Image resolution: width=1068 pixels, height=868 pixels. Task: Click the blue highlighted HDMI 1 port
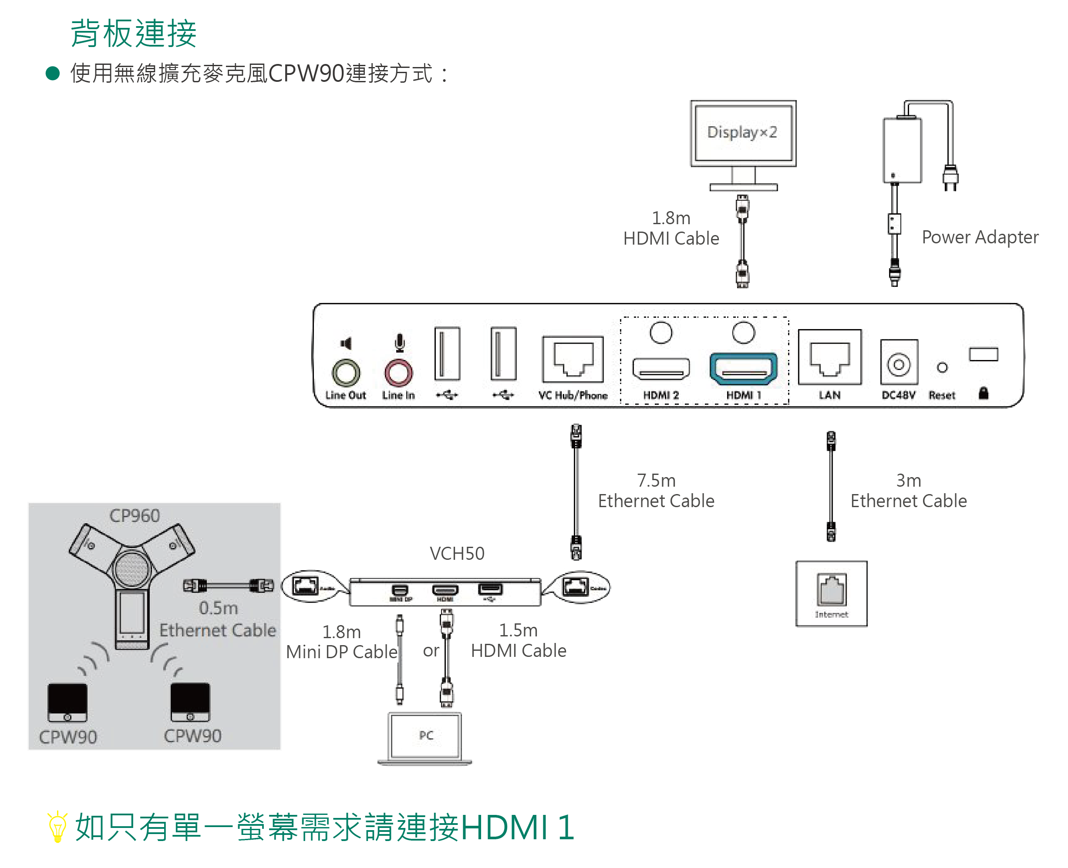click(x=743, y=369)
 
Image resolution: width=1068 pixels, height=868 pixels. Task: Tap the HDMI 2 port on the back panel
click(x=660, y=369)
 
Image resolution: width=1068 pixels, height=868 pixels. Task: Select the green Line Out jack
click(x=346, y=373)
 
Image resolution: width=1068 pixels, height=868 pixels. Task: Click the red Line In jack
click(x=398, y=373)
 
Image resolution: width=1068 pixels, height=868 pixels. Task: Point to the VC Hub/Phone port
click(x=573, y=359)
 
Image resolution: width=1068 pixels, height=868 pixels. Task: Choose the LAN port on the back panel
click(x=829, y=357)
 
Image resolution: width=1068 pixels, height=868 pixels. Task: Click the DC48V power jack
click(x=899, y=364)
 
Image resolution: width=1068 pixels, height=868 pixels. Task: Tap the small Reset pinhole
click(x=942, y=367)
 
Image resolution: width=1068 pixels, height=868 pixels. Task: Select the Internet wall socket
click(x=832, y=593)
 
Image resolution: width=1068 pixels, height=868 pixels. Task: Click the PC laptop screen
click(x=425, y=735)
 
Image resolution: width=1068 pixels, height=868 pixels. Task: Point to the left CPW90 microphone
click(x=67, y=702)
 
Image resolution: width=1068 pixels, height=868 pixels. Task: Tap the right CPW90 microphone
click(x=190, y=702)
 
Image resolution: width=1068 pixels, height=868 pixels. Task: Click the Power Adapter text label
click(x=980, y=237)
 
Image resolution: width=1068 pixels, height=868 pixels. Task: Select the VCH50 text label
click(x=456, y=554)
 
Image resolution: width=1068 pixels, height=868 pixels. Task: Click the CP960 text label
click(x=134, y=515)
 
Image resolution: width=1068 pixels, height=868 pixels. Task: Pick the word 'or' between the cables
click(x=431, y=650)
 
